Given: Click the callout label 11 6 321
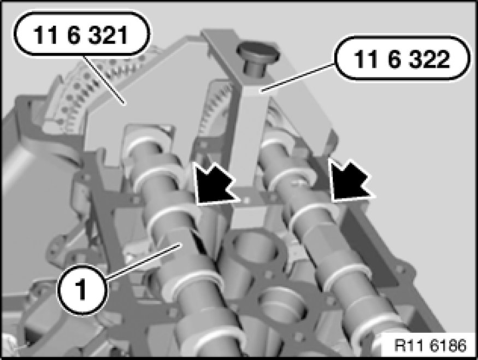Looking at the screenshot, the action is coord(81,34).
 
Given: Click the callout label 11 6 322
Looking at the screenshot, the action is coord(402,58).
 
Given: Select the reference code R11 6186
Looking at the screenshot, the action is coord(430,345).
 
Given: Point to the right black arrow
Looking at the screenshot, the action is coord(351,180).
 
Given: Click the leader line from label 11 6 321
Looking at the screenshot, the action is coord(104,80).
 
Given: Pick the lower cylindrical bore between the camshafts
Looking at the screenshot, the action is coord(282,308).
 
